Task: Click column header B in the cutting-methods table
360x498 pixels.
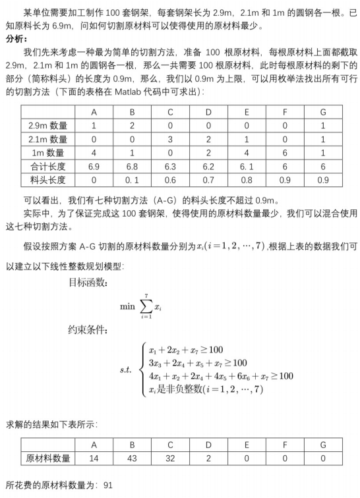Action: click(132, 112)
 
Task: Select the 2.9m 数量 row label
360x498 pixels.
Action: click(46, 125)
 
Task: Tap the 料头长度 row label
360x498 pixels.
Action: click(46, 179)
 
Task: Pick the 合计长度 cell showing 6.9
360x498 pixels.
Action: click(94, 166)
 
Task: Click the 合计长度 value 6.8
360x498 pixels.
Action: click(132, 166)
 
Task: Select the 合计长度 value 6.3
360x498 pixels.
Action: click(170, 166)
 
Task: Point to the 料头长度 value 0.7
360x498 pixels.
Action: click(208, 179)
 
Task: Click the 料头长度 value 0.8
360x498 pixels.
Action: click(247, 179)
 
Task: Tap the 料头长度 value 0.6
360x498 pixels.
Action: click(170, 179)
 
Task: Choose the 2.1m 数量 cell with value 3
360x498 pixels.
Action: click(170, 139)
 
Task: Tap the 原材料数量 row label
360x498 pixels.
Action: click(47, 458)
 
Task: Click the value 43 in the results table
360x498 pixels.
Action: click(132, 458)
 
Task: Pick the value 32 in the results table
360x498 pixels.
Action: click(170, 458)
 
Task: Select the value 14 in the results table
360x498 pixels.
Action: click(94, 458)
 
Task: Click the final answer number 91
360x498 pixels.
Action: click(109, 485)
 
